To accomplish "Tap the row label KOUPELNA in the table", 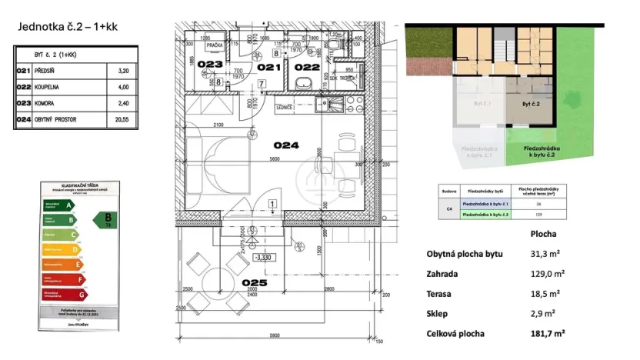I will (x=52, y=87).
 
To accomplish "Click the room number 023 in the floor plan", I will (x=209, y=64).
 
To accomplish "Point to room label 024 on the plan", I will (x=286, y=143).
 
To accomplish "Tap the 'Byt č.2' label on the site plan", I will (x=532, y=102).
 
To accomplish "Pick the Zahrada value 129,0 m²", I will (x=548, y=273).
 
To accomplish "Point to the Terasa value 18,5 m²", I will (x=548, y=293).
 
